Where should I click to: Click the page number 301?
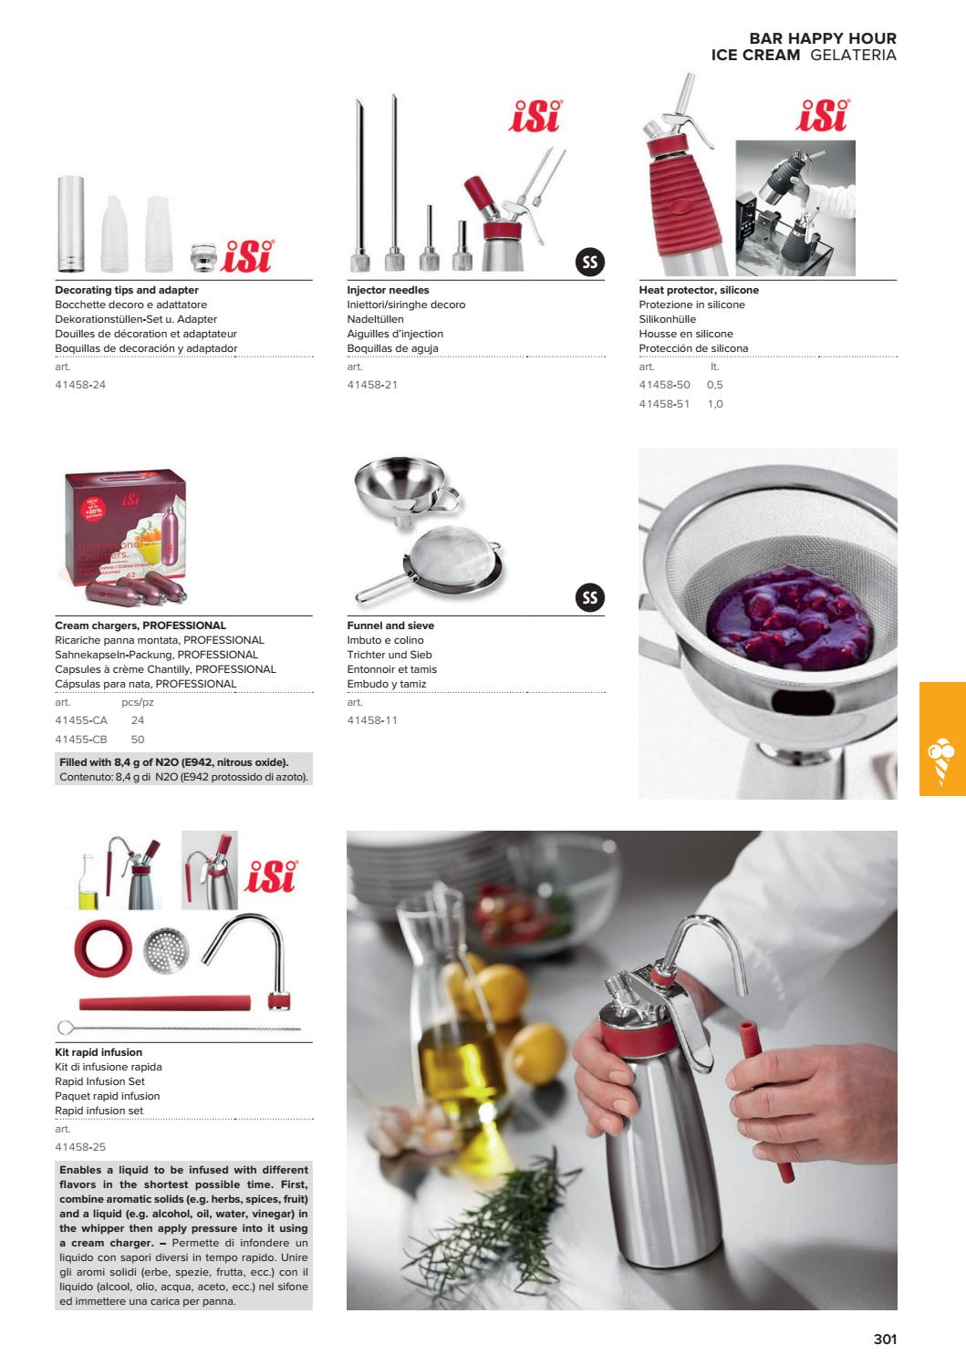point(885,1339)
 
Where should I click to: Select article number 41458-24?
point(80,385)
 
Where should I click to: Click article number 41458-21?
point(372,385)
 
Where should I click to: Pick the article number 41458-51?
point(664,403)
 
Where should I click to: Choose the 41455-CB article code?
point(81,739)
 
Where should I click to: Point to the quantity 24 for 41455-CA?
point(138,720)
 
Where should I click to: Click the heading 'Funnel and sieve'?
point(390,626)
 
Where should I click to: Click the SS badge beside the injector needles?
point(590,263)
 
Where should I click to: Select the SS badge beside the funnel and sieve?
point(590,598)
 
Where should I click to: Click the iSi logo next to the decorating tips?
point(247,255)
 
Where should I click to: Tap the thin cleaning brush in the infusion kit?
point(178,1028)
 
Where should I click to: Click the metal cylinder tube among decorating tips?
point(70,224)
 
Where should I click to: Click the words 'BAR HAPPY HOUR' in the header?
point(822,38)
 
